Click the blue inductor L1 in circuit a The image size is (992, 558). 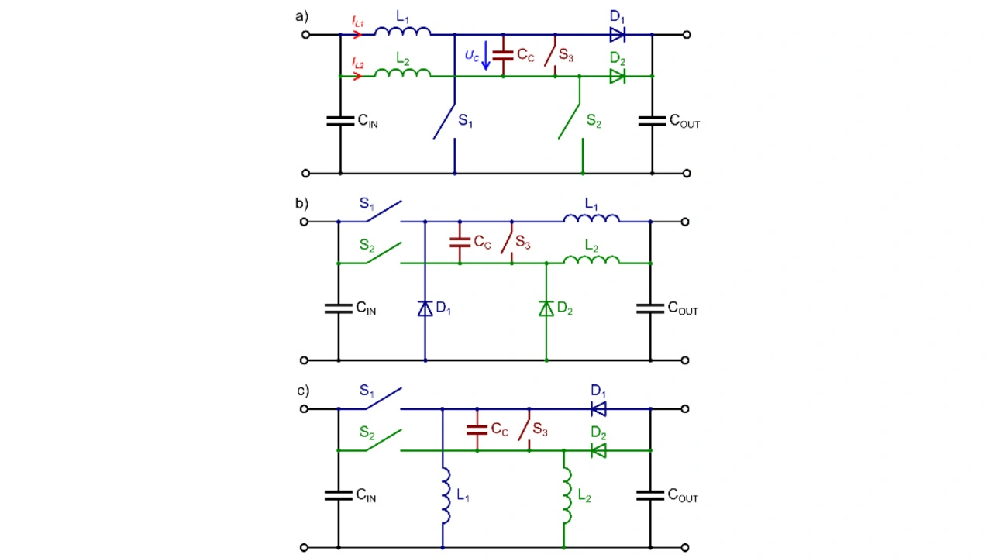402,31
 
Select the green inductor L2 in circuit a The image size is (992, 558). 402,73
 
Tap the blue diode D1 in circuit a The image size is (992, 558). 617,34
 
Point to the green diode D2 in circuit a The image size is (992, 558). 617,76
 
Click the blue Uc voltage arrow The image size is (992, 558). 486,56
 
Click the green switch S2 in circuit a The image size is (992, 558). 570,120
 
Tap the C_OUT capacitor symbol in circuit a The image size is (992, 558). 652,121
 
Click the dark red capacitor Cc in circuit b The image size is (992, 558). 460,243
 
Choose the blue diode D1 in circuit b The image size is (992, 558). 425,308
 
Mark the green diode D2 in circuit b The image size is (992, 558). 546,308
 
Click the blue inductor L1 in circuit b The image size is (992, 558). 591,219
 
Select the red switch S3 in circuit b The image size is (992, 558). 508,243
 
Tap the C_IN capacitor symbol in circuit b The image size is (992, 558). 339,308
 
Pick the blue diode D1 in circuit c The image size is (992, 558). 598,408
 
